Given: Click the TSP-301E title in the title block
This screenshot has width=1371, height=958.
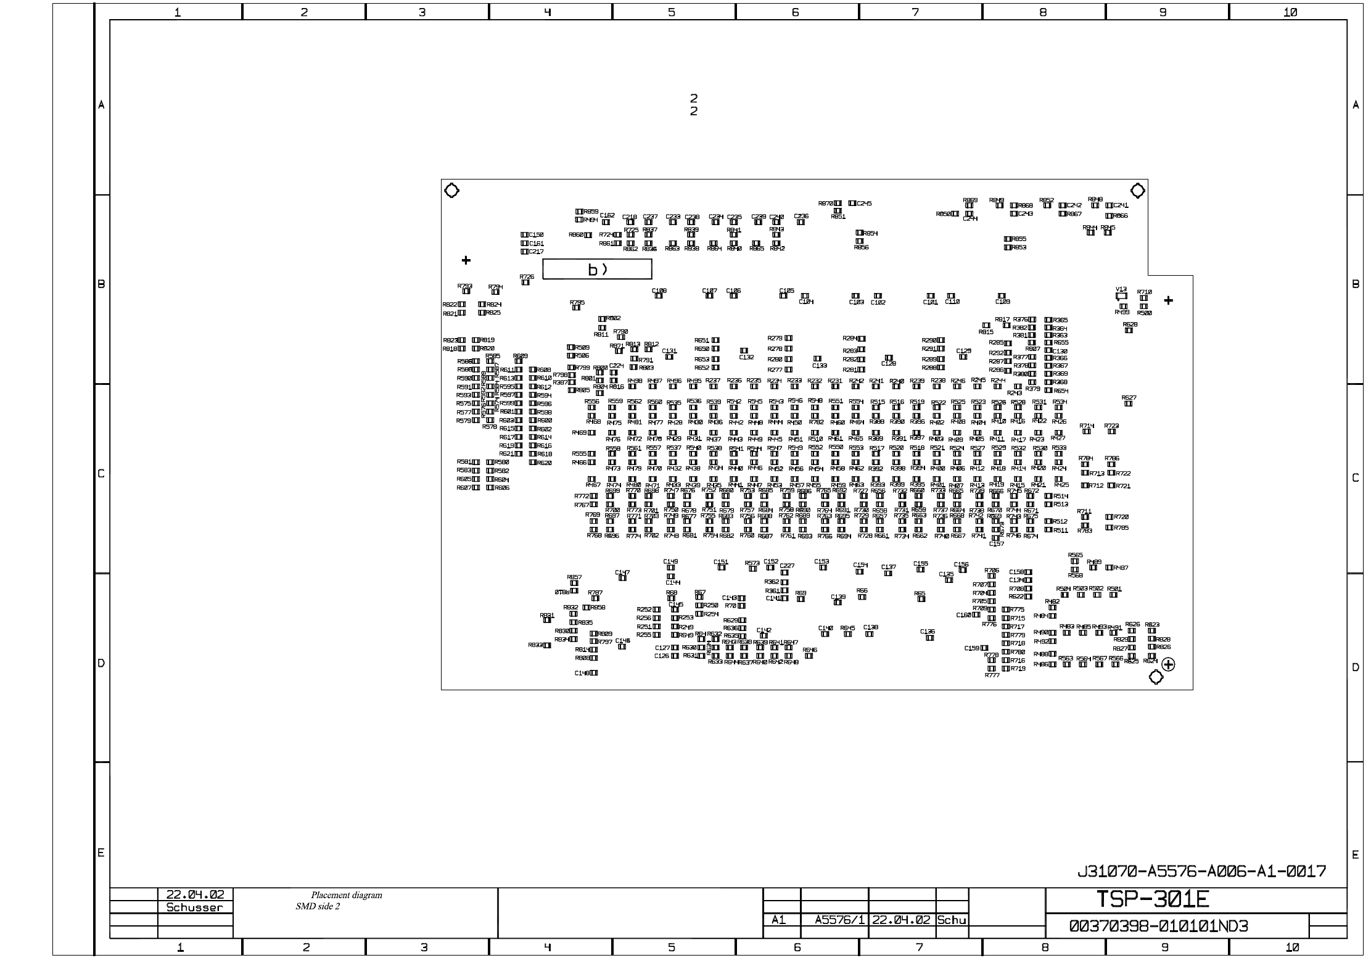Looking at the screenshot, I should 1152,900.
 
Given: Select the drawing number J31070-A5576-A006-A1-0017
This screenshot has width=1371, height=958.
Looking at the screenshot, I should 1201,871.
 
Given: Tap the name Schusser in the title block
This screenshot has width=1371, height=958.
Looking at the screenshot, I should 194,907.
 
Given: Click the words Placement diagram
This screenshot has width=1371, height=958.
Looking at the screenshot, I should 346,895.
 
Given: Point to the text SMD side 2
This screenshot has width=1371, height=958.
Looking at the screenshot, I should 318,906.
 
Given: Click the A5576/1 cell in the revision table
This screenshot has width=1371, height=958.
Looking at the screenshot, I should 834,920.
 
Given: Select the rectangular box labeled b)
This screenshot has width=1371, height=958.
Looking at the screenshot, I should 596,270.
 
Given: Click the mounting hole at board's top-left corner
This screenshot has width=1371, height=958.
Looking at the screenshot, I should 451,191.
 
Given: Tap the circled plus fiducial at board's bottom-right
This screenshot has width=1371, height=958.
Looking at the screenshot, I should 1168,664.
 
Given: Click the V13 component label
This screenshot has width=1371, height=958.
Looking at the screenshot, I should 1121,289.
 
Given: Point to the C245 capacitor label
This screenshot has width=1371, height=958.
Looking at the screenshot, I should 864,204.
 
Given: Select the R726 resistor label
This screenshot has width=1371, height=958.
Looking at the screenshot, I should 526,277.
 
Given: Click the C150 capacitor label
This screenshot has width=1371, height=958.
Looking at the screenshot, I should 536,235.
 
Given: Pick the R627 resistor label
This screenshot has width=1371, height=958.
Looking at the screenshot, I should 1129,398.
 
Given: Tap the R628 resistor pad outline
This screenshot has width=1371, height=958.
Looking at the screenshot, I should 1129,331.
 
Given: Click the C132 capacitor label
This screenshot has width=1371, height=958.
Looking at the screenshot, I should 746,357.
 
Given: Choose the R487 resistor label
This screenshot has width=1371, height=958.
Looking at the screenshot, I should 1121,568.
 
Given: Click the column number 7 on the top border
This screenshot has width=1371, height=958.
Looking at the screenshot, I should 915,12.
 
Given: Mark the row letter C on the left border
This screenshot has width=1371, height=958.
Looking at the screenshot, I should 101,474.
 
